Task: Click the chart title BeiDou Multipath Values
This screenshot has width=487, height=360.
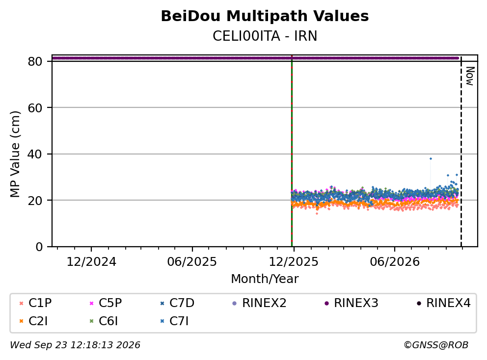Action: (265, 16)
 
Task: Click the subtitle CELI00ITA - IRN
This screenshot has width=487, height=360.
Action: (265, 36)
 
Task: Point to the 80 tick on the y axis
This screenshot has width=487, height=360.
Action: (35, 61)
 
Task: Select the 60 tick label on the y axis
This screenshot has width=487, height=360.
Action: (35, 108)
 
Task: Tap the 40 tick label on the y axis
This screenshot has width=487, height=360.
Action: (35, 154)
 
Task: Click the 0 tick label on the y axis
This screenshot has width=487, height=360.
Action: (39, 247)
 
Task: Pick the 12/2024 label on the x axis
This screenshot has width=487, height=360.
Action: (91, 262)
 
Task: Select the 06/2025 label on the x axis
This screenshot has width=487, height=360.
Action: (192, 262)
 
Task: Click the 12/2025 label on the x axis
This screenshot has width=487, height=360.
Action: (294, 262)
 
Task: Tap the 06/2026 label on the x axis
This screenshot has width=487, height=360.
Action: (394, 262)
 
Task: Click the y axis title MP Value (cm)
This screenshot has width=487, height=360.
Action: (15, 154)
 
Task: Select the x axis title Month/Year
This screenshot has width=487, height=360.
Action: (265, 279)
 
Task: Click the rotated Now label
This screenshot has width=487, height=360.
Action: (470, 76)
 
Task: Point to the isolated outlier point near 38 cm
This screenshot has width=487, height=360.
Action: (431, 158)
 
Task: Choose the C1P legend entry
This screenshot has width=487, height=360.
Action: (35, 303)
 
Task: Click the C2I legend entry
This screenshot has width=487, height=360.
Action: (33, 321)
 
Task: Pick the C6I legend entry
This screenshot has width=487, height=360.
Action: (104, 321)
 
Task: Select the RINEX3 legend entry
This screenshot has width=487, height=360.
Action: (352, 303)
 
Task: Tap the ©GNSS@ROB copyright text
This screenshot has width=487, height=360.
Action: (436, 345)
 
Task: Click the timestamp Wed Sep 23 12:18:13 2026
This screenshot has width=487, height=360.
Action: (75, 345)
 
